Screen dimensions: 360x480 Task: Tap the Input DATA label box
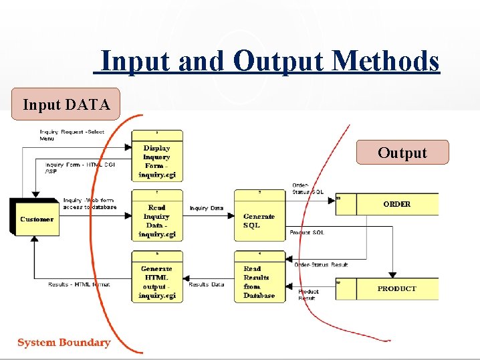66,104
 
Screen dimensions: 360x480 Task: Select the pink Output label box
402,153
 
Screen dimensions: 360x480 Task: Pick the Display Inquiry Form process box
156,158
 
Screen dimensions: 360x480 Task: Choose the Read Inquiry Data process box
156,217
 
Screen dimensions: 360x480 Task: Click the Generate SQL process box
259,218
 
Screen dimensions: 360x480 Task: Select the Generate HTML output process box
156,279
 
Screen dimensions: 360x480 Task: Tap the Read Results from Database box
259,279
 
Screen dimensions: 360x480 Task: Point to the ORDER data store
396,204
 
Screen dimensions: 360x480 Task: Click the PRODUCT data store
396,288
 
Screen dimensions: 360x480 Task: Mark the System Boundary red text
64,343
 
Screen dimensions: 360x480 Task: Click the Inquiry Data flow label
207,208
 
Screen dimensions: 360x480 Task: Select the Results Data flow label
207,284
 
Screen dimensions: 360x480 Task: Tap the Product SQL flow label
307,232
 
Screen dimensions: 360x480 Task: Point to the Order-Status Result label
321,264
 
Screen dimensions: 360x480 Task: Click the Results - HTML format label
79,284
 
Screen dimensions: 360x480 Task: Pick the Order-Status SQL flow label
308,189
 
